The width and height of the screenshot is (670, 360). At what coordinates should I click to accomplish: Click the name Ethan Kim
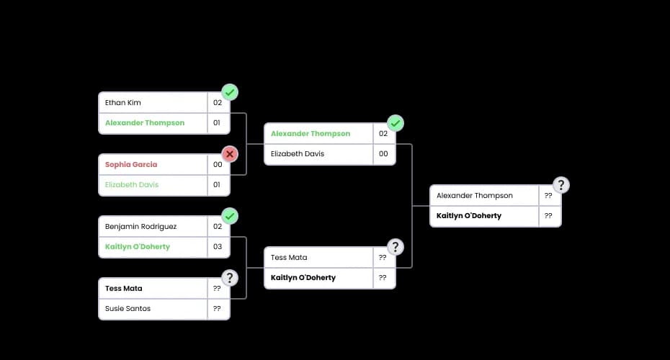click(123, 103)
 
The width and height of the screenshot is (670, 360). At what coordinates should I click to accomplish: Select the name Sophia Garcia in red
click(131, 165)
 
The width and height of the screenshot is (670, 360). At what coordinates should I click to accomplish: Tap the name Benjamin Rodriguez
click(140, 227)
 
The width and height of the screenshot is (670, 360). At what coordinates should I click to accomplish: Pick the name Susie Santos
click(128, 309)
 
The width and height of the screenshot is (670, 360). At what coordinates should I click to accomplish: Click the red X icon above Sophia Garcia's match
click(230, 154)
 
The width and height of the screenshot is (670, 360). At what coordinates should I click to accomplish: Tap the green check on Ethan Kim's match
click(230, 92)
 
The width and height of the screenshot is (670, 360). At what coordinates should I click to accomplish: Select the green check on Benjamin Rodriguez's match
click(230, 216)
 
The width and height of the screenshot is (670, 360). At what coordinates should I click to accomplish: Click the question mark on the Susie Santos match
click(230, 278)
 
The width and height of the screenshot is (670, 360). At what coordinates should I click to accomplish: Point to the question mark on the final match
click(561, 185)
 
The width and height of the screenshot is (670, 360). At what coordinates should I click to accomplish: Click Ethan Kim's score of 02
click(217, 103)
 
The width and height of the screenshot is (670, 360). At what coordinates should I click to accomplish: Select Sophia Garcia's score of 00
click(217, 165)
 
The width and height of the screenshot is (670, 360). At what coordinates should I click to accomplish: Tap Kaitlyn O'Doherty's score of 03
click(217, 247)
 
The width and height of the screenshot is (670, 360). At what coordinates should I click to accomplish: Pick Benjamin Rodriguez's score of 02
click(217, 227)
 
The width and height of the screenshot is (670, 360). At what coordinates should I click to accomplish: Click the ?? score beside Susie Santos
click(217, 309)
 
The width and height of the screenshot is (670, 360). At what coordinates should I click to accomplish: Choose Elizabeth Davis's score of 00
click(383, 154)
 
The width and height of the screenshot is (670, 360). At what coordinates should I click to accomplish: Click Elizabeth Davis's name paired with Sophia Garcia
click(132, 185)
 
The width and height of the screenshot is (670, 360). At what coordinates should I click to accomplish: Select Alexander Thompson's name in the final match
click(475, 196)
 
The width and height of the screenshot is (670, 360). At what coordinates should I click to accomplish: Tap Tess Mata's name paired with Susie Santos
click(124, 289)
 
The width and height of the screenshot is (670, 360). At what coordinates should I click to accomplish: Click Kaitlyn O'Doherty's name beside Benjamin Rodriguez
click(138, 247)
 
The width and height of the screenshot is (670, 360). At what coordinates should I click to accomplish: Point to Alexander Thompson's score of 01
click(217, 123)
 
